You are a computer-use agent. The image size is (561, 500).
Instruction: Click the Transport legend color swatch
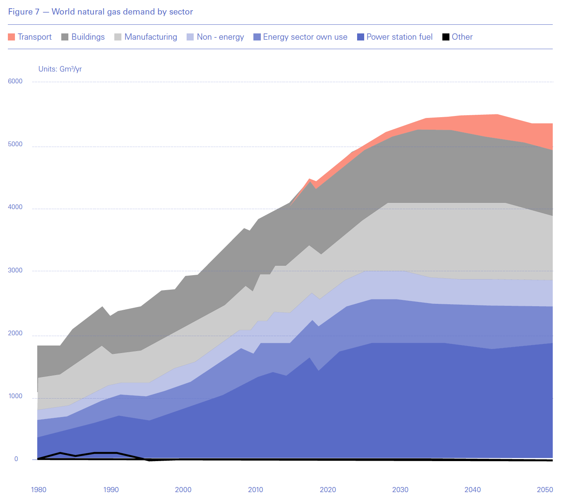(11, 37)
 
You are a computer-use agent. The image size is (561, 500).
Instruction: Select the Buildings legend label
(88, 37)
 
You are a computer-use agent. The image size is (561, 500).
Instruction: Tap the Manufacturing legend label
(150, 37)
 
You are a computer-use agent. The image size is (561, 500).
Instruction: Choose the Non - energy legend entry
(220, 37)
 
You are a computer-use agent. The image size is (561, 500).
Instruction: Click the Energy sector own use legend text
(305, 37)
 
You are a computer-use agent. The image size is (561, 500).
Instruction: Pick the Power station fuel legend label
(399, 37)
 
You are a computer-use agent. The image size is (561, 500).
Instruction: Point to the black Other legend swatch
(446, 37)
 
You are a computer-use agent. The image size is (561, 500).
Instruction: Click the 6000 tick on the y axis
(15, 81)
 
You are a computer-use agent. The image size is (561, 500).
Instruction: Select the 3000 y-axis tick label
(15, 270)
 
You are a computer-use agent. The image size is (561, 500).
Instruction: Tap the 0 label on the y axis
(16, 459)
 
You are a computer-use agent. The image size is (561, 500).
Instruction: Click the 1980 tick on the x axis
(38, 490)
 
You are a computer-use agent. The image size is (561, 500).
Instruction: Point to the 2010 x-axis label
(255, 490)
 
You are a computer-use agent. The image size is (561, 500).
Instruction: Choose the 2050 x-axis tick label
(545, 490)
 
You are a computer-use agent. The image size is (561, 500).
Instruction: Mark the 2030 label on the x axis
(400, 490)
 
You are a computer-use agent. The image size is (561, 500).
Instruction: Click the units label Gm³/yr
(60, 69)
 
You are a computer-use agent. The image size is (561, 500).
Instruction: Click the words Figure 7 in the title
(24, 12)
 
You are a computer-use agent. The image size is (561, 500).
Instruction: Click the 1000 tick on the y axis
(15, 396)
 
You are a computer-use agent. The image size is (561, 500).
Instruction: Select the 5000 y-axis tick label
(15, 144)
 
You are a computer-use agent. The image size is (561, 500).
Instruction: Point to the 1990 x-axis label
(111, 490)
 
